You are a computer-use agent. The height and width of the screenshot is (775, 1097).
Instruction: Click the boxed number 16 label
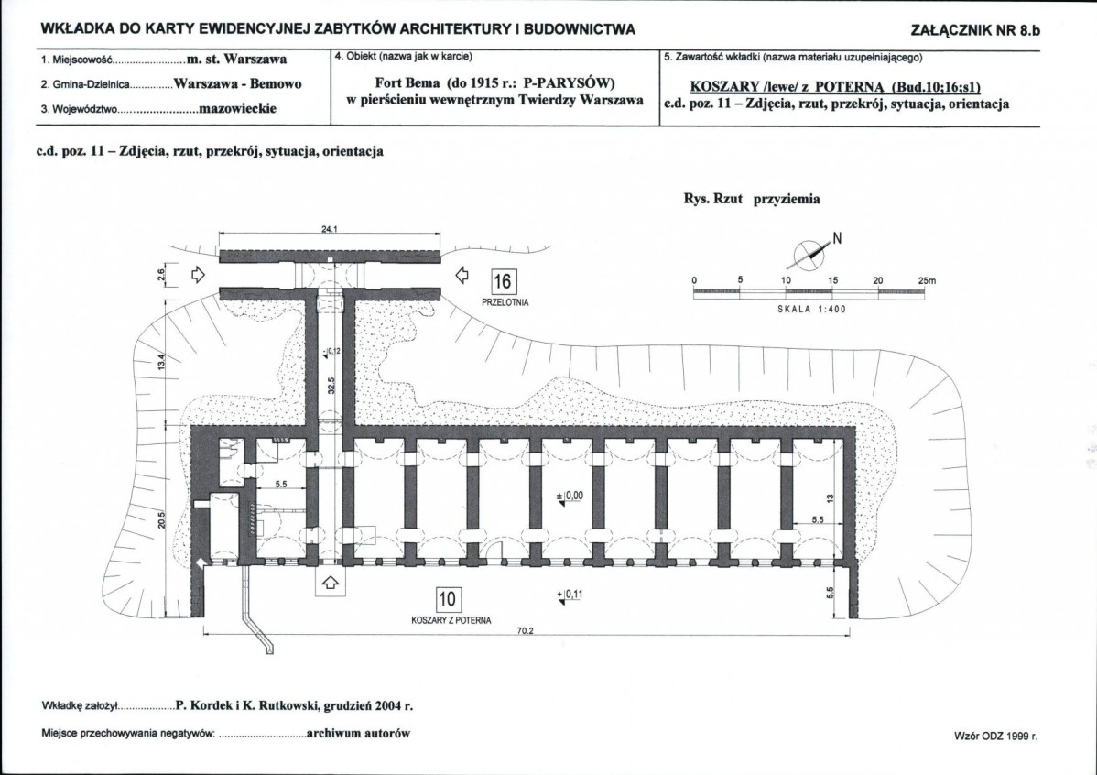click(503, 282)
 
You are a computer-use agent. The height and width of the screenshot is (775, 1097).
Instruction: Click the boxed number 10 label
click(447, 599)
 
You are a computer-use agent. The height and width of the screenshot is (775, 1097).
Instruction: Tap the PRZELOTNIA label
click(505, 302)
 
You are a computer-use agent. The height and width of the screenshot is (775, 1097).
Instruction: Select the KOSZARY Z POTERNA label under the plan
click(451, 620)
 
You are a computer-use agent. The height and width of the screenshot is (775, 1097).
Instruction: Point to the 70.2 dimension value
click(526, 631)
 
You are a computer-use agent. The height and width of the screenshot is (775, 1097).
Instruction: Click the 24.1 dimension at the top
click(330, 229)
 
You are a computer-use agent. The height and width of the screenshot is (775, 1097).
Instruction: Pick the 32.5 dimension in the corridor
click(332, 385)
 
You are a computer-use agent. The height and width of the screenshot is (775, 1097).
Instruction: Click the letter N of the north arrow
click(838, 239)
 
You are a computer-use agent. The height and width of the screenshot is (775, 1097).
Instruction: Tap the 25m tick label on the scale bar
click(927, 280)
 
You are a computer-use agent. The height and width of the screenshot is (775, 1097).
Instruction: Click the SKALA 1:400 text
click(811, 310)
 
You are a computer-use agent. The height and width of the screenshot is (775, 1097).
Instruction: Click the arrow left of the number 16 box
click(462, 275)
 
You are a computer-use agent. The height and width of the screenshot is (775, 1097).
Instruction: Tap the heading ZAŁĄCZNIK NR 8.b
click(975, 30)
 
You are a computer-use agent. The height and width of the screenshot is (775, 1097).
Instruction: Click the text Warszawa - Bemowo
click(238, 84)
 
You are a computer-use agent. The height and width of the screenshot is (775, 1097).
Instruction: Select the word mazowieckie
click(238, 108)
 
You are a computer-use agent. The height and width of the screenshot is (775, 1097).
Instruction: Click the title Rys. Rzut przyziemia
click(752, 199)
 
